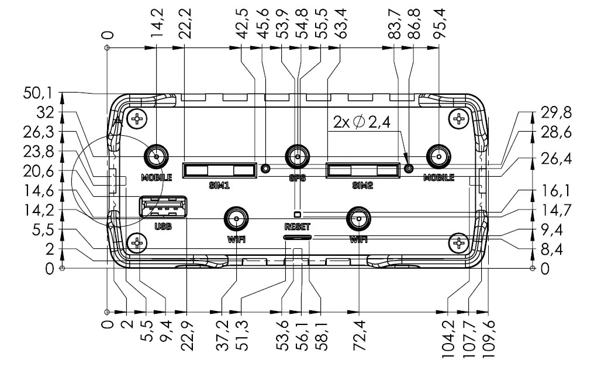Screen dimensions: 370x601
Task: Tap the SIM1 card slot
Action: [x=219, y=170]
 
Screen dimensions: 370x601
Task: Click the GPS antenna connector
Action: [x=297, y=157]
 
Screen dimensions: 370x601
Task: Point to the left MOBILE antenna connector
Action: [x=156, y=157]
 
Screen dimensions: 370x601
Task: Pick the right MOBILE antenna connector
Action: [x=438, y=157]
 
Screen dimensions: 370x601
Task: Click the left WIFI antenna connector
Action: [x=236, y=219]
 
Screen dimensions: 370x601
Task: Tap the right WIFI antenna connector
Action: [x=358, y=219]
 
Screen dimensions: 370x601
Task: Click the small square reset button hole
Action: [x=297, y=214]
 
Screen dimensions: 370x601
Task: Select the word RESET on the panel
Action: [x=298, y=227]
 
